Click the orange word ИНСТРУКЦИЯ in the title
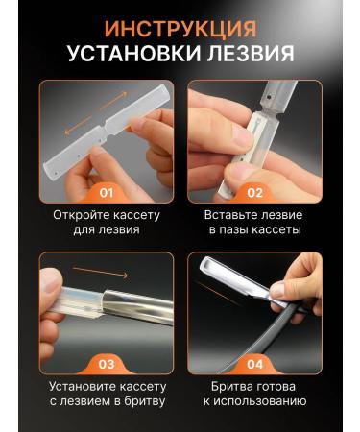tap(180, 28)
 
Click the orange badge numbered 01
tap(106, 191)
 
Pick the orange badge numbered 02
tap(253, 191)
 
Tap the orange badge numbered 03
tap(106, 364)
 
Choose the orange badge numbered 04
tap(253, 364)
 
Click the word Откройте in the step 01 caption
tap(83, 215)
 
